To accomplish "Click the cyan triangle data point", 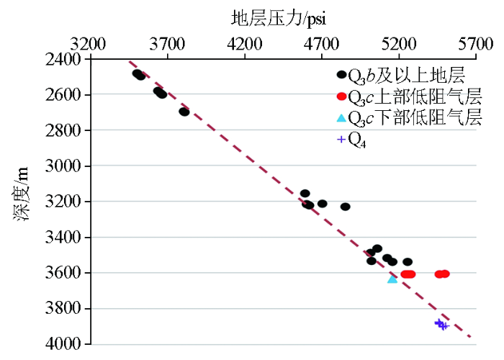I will [x=392, y=279].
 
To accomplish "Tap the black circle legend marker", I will [x=341, y=74].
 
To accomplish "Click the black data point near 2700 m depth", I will [x=184, y=112].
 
